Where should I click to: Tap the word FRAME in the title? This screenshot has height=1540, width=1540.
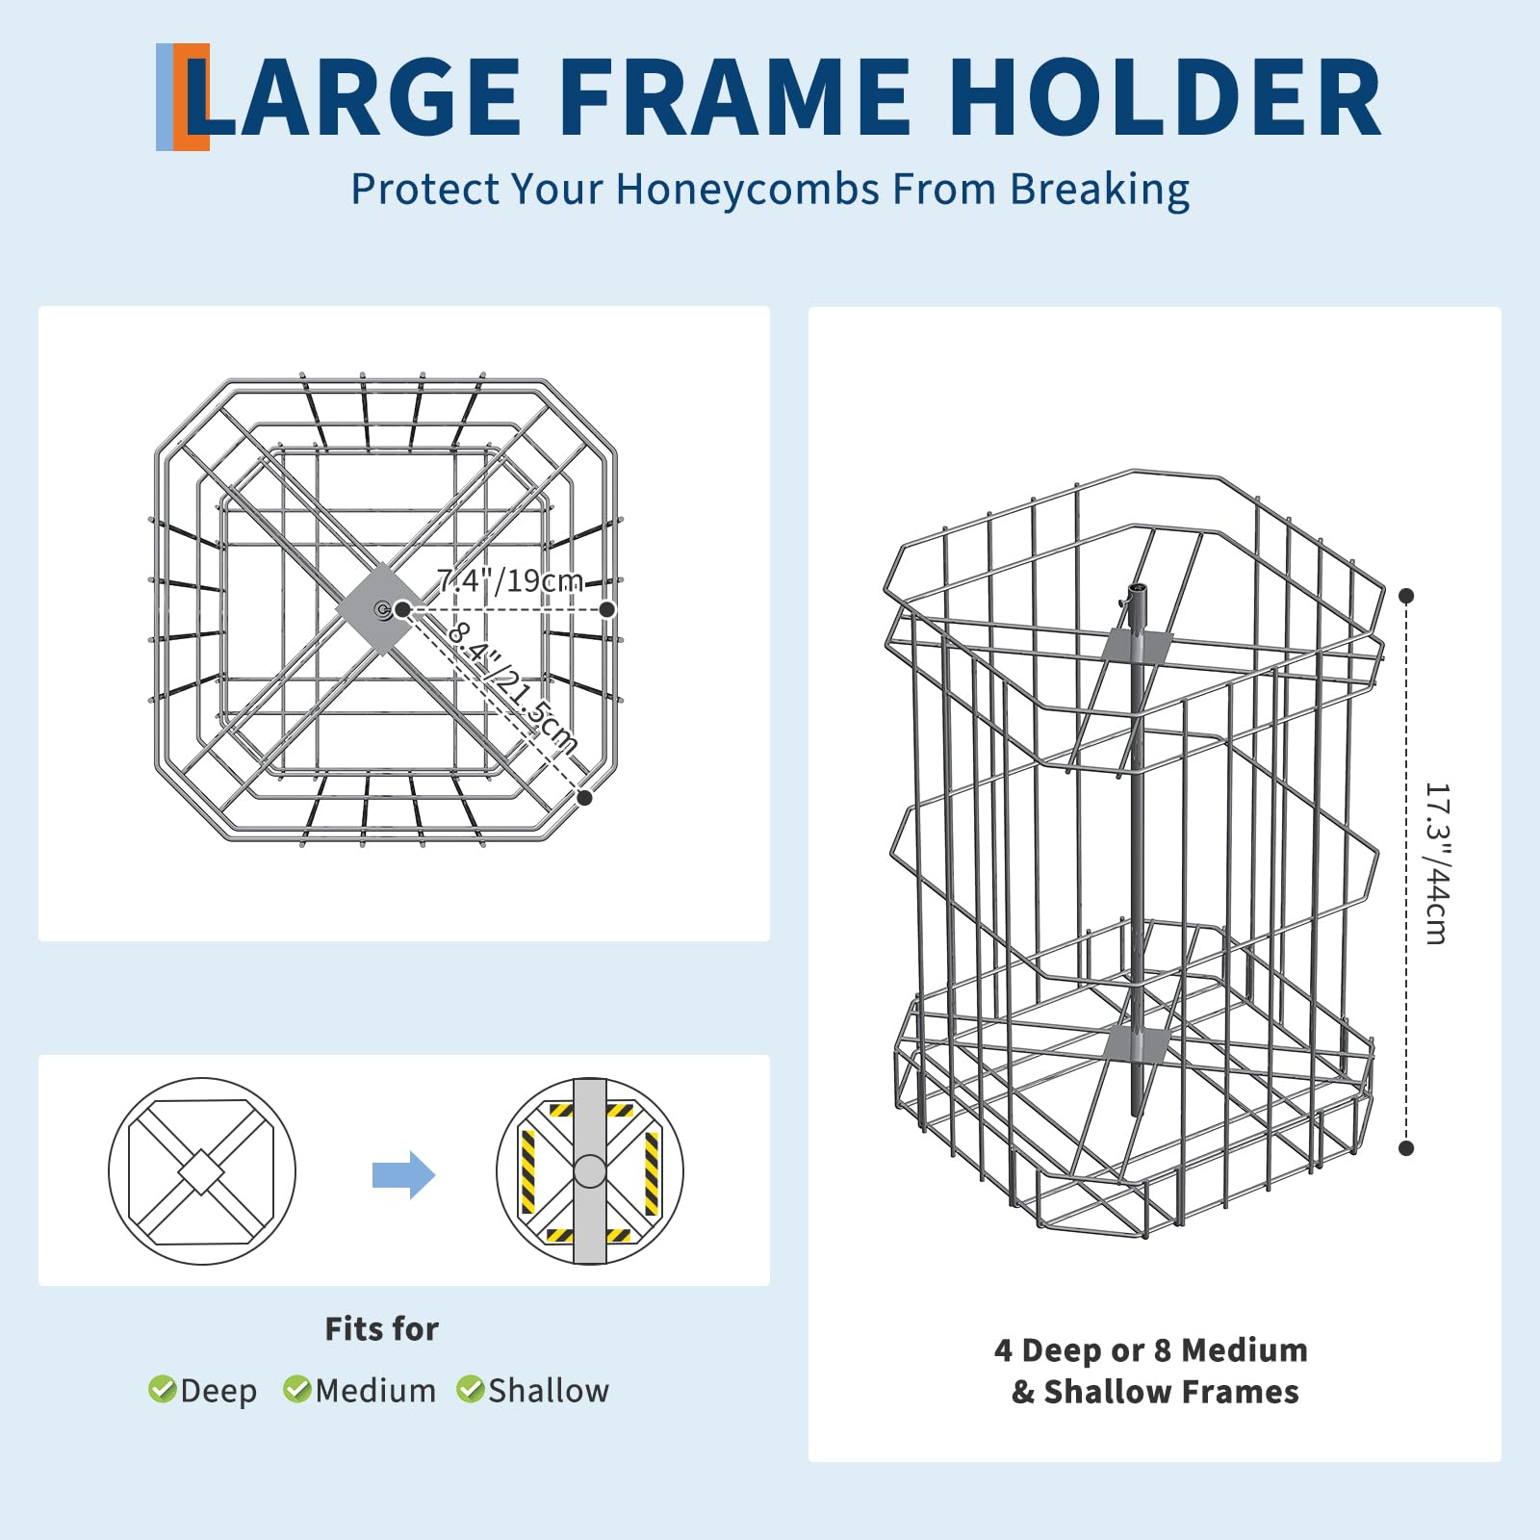click(734, 97)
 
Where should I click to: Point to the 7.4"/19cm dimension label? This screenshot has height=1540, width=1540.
click(509, 581)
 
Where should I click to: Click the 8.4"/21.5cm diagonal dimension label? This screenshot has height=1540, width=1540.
click(512, 686)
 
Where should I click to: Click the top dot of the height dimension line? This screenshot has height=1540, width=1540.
click(1406, 596)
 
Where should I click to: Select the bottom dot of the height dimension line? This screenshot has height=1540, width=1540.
click(1406, 1148)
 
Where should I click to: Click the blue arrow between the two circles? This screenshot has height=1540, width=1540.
click(404, 1175)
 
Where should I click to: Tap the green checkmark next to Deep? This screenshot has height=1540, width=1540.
click(162, 1389)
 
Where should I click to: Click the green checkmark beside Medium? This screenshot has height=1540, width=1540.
click(296, 1389)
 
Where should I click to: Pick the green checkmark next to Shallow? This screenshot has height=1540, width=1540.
click(470, 1389)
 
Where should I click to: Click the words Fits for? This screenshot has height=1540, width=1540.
click(381, 1329)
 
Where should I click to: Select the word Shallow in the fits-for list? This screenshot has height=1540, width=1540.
click(549, 1391)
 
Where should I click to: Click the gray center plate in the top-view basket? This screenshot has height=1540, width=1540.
click(382, 609)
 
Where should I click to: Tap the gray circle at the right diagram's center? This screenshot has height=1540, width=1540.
click(590, 1171)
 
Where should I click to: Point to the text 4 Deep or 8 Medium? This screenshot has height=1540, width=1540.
click(1151, 1350)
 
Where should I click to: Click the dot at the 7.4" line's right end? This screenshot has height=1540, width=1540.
click(607, 609)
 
